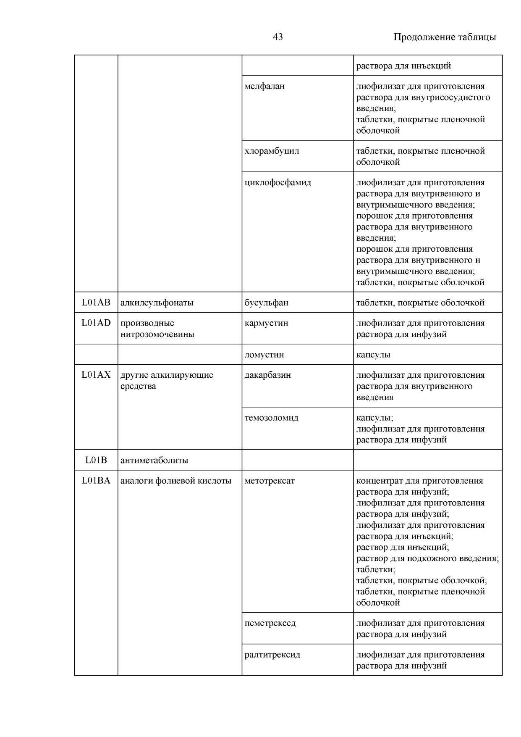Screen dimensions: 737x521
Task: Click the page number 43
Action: [278, 37]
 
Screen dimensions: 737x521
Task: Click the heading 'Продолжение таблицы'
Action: [444, 37]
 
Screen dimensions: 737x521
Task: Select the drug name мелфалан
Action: [264, 86]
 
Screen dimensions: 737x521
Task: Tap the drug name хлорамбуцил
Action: [272, 151]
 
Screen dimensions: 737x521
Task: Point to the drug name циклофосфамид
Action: [278, 182]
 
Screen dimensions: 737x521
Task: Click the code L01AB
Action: [96, 302]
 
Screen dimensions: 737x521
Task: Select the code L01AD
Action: [96, 323]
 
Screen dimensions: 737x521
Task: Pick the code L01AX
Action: [96, 374]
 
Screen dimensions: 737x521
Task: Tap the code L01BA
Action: [96, 480]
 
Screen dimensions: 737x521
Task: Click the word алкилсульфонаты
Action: [157, 303]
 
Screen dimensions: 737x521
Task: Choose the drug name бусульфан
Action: [266, 303]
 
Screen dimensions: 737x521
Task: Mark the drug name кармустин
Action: [266, 323]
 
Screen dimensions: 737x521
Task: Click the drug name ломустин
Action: [264, 354]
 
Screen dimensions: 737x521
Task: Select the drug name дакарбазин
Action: [267, 375]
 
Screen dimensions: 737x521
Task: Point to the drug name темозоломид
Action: [271, 418]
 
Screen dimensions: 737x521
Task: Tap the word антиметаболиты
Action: [154, 460]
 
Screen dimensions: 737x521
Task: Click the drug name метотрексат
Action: [270, 481]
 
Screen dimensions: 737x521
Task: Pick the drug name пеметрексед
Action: [270, 623]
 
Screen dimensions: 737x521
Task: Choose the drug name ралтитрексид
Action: [272, 654]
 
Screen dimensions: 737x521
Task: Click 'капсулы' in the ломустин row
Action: [373, 354]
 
